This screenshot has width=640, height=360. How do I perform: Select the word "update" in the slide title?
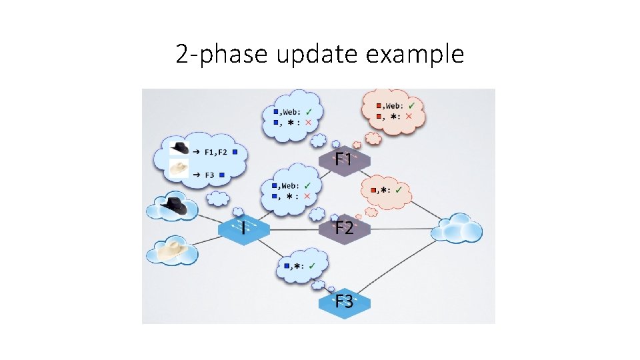pos(317,54)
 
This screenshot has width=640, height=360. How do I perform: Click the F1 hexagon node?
pos(343,159)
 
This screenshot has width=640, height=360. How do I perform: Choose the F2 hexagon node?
pos(344,228)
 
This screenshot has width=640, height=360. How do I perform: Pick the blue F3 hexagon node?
pos(344,301)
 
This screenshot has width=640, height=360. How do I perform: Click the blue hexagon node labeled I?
pos(243,229)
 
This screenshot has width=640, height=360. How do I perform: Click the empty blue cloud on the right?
pos(457,229)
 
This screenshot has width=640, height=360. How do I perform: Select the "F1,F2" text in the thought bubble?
pos(215,152)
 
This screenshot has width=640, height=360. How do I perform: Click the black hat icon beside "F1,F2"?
pos(179,147)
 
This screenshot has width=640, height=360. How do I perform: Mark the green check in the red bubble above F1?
pos(412,105)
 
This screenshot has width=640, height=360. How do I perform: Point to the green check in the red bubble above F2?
pos(398,190)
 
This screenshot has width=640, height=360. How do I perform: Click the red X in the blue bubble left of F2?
pos(307,196)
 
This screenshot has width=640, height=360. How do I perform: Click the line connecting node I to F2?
pos(294,229)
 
